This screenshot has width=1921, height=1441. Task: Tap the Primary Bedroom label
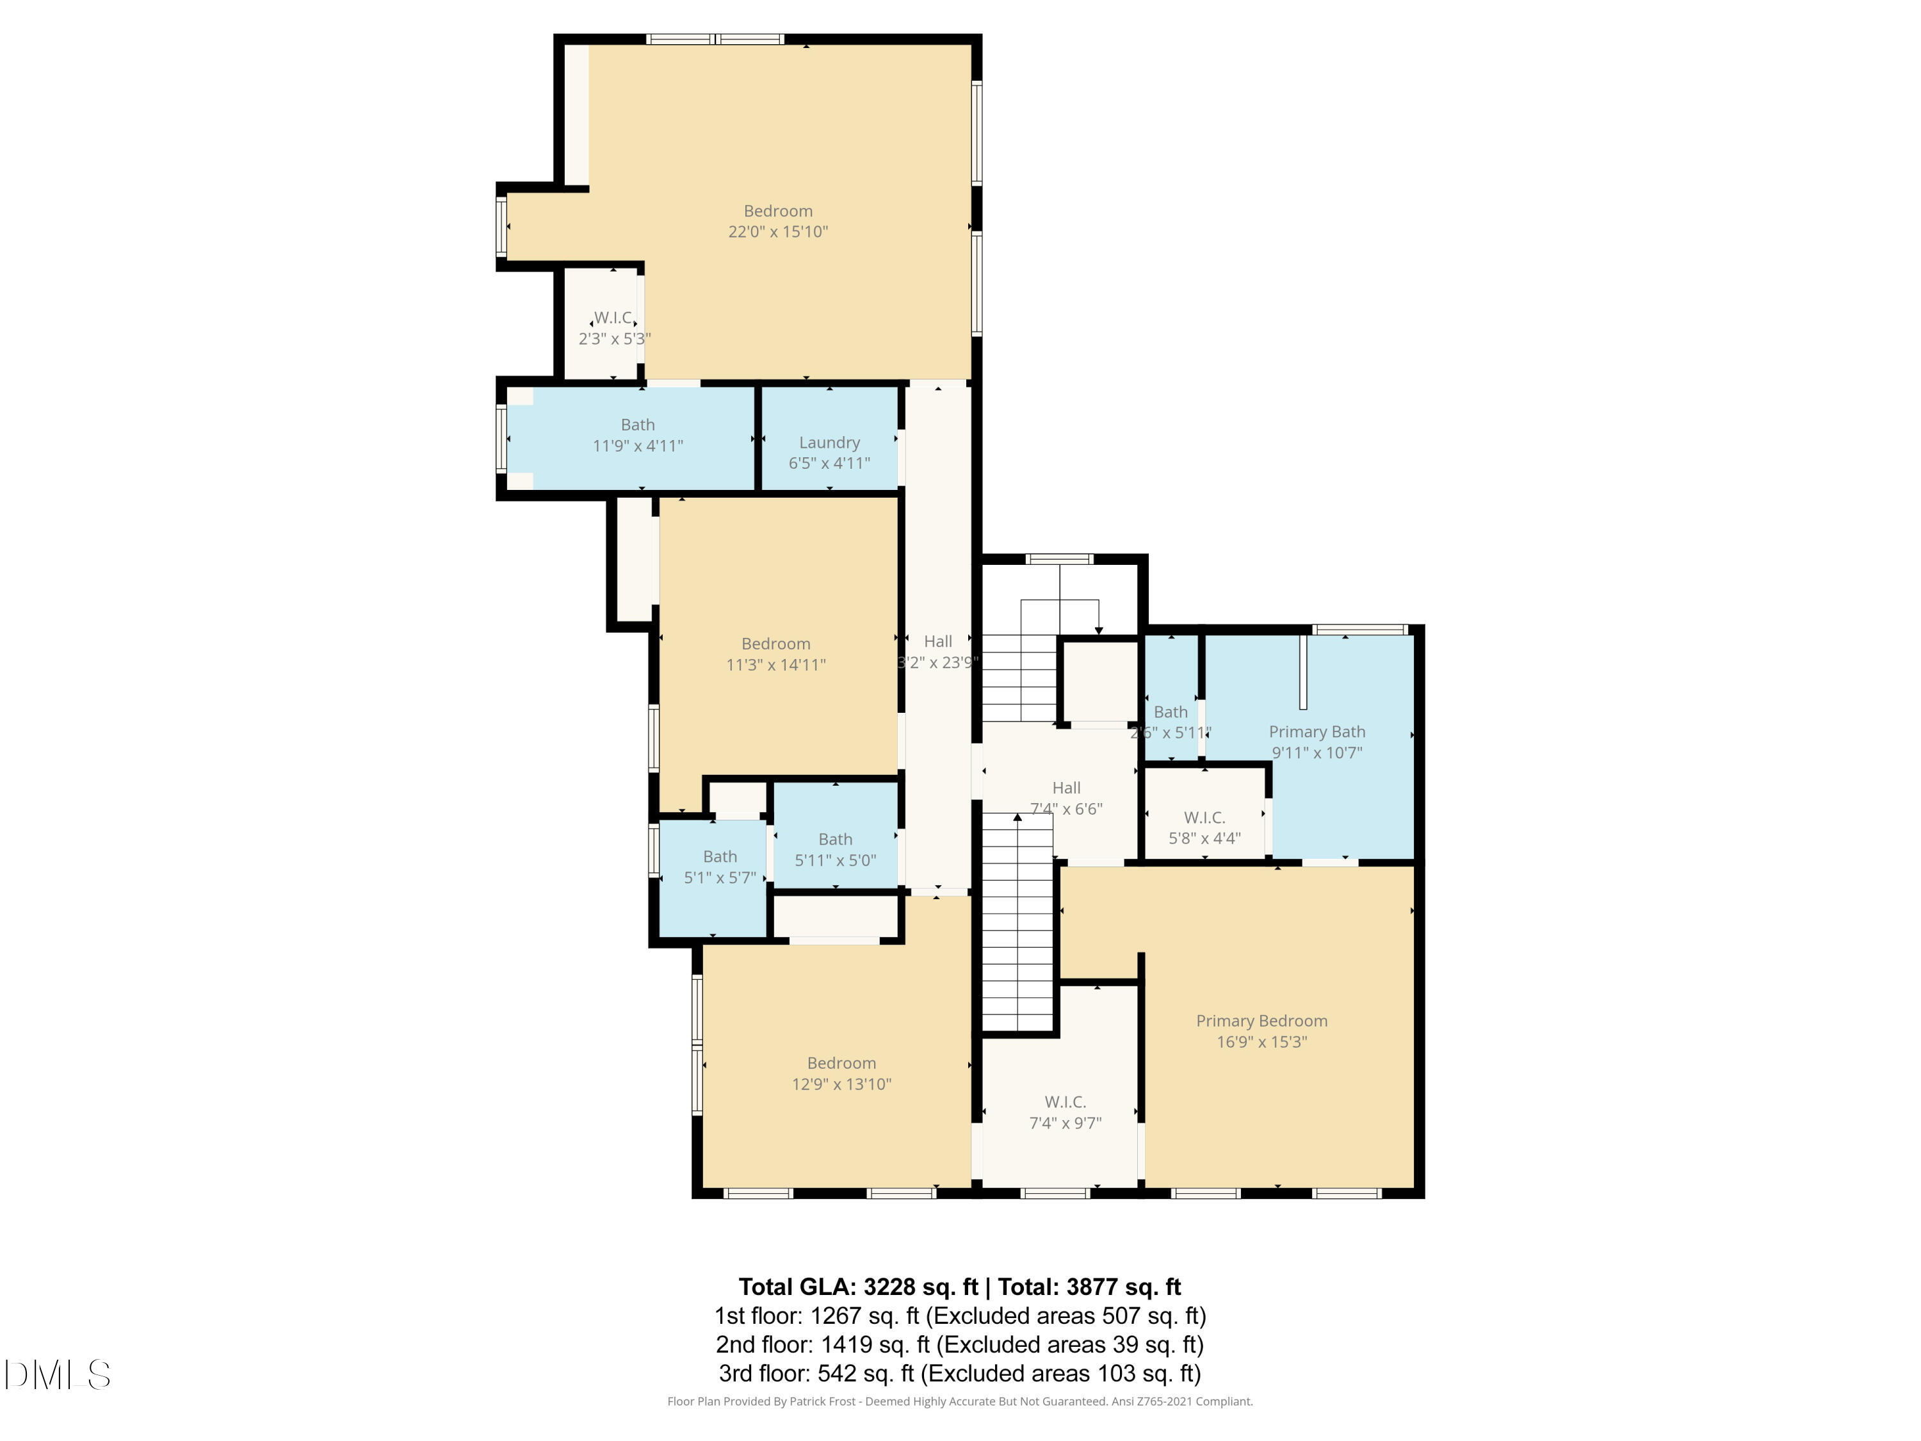1261,1021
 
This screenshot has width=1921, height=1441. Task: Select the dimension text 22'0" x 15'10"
777,232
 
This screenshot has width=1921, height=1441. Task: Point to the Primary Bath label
1317,731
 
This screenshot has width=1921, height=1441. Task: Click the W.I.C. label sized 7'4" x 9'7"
1065,1102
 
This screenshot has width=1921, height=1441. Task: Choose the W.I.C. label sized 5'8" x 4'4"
1204,817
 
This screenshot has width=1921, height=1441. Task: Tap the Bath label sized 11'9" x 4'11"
637,425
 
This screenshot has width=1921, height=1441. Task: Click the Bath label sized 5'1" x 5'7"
719,856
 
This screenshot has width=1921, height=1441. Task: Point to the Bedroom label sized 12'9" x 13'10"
841,1063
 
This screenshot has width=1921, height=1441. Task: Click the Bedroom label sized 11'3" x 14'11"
775,644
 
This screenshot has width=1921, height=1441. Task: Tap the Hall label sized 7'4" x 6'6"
1066,788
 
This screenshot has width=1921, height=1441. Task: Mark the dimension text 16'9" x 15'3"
1261,1041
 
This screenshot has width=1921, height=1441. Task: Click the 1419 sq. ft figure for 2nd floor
846,1344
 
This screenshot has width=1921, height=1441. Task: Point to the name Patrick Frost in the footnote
822,1401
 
